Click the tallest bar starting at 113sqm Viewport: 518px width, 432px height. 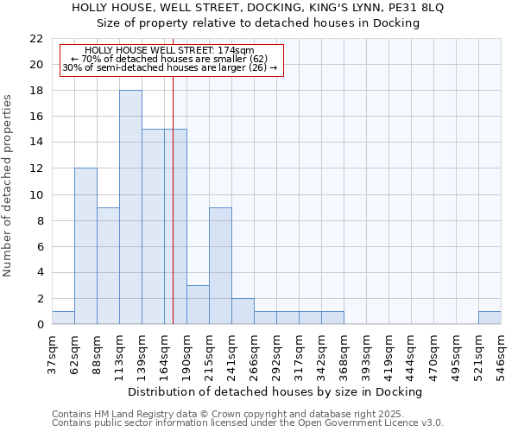click(130, 207)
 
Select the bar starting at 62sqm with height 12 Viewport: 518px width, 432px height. click(85, 246)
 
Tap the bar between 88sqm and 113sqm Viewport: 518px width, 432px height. click(108, 265)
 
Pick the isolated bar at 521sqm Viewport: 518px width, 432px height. click(490, 318)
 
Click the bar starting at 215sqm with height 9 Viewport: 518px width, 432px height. click(220, 265)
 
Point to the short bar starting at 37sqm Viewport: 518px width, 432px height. click(63, 318)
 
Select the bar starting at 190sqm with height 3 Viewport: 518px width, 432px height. click(198, 304)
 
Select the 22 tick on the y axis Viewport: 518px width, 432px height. click(36, 39)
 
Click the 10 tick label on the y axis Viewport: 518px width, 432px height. click(36, 195)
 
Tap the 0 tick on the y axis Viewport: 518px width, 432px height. click(40, 325)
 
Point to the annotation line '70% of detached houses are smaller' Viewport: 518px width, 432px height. click(169, 59)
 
